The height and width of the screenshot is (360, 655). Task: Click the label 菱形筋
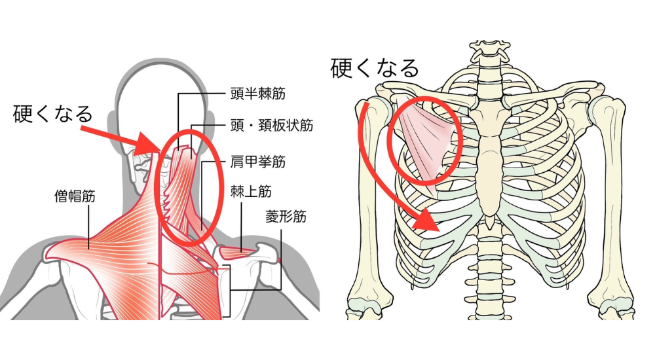click(286, 216)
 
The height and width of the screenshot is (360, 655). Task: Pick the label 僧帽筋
click(75, 195)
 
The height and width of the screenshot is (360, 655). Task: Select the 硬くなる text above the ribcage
click(374, 67)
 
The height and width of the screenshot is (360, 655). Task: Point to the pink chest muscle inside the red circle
click(428, 141)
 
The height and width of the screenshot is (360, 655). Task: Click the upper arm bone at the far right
click(612, 196)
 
